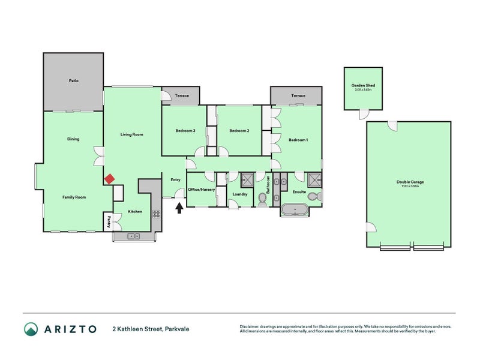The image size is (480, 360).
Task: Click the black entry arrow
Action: click(178, 208)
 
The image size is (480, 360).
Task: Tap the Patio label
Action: click(73, 80)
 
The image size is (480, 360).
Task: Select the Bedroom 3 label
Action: click(185, 131)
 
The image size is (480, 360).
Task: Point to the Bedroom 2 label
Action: click(239, 131)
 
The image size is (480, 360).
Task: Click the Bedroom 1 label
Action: click(298, 140)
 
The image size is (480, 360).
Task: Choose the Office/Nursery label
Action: click(201, 189)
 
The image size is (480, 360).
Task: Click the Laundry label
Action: click(241, 194)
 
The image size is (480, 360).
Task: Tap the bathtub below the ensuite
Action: click(295, 211)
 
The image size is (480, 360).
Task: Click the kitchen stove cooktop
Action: click(156, 214)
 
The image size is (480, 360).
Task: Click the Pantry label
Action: click(109, 221)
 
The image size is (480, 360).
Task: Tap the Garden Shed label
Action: click(363, 86)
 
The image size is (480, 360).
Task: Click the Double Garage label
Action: click(410, 182)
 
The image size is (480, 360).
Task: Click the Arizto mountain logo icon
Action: click(31, 329)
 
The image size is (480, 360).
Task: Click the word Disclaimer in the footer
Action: click(251, 327)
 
